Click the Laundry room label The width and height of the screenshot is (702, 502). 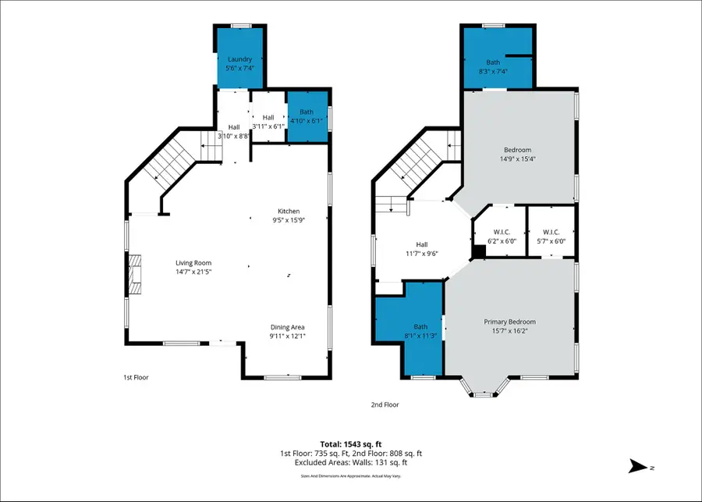pyautogui.click(x=240, y=59)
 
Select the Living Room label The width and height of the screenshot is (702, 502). pyautogui.click(x=193, y=263)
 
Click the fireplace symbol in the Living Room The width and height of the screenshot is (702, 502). pyautogui.click(x=136, y=274)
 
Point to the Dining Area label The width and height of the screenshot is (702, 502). pyautogui.click(x=287, y=327)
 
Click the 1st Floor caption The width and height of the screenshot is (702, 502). pyautogui.click(x=136, y=378)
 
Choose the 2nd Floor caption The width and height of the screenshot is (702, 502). pyautogui.click(x=385, y=404)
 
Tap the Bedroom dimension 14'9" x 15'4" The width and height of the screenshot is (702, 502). pyautogui.click(x=517, y=159)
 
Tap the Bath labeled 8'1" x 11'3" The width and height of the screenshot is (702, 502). pyautogui.click(x=420, y=332)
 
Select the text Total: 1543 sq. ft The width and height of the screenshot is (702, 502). pyautogui.click(x=351, y=444)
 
